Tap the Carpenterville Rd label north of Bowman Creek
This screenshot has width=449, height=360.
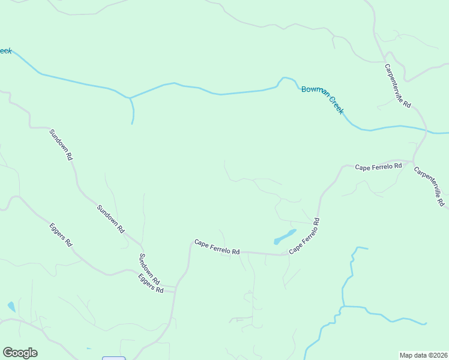coord(397,86)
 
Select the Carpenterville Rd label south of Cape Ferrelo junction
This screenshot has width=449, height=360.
coord(429,187)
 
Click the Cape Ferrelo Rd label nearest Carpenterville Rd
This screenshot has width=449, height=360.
coord(378,166)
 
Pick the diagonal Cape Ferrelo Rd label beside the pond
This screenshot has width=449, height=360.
coord(304,236)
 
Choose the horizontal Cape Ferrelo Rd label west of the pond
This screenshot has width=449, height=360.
coord(217,247)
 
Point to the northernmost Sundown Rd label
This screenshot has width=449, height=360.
coord(61,145)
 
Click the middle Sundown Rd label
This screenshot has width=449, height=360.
coord(110,219)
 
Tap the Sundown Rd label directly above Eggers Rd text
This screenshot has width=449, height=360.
coord(149,269)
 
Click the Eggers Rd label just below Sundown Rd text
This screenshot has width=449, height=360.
coord(151,283)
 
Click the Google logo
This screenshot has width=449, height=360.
coord(20,353)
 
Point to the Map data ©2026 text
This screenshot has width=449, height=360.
coord(423,355)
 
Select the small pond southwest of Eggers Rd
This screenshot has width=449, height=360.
coord(11,307)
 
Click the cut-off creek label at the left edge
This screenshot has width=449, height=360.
coord(5,51)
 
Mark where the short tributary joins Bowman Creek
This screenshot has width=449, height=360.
coord(129,97)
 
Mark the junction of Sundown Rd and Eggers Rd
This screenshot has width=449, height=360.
coord(175,288)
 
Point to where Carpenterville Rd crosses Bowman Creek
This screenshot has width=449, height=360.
coord(426,130)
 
